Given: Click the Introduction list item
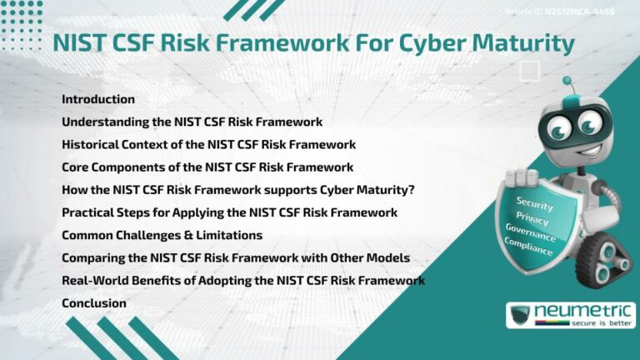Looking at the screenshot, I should (98, 99).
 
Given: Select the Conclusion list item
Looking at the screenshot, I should (94, 303).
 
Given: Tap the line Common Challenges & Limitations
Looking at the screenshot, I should (162, 235).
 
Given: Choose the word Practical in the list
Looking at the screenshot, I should (87, 212).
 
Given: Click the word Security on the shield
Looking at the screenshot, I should (534, 203).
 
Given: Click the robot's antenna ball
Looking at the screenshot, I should (567, 82).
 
